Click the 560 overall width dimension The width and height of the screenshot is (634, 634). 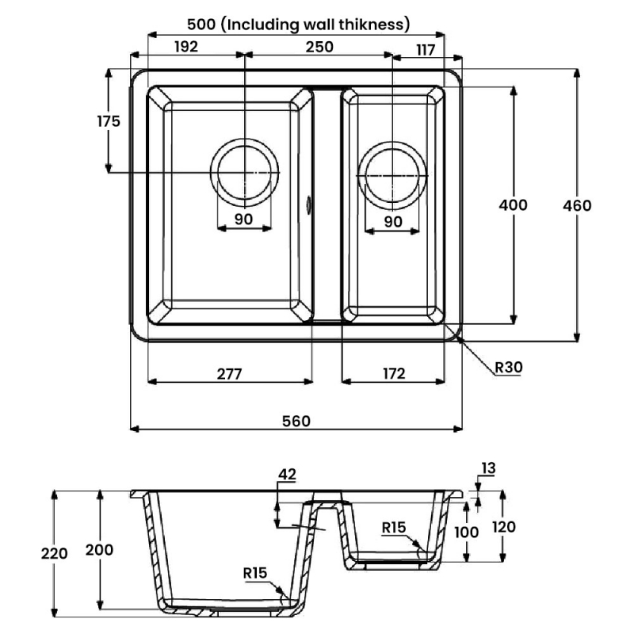click(296, 421)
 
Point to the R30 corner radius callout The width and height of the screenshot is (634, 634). click(507, 367)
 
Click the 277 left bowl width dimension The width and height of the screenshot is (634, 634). click(230, 372)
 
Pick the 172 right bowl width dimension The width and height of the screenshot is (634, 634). click(393, 372)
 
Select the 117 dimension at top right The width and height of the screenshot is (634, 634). click(425, 49)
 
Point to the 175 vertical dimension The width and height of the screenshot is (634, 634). click(109, 121)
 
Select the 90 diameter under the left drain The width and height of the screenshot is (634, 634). click(243, 220)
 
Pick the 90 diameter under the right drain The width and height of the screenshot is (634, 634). click(392, 221)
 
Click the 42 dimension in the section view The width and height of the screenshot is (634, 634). click(287, 475)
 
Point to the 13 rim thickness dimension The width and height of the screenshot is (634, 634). click(487, 468)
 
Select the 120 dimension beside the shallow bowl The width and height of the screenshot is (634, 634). click(505, 527)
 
